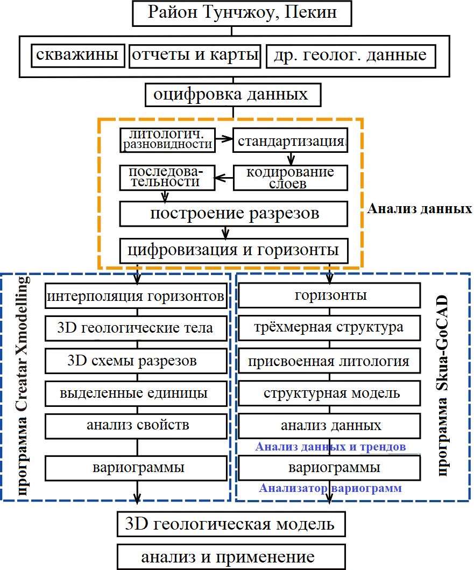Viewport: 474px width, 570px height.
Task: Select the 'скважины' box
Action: [78, 55]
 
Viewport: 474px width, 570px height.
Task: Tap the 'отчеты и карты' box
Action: [195, 55]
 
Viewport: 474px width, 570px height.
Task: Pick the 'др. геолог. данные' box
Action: [350, 55]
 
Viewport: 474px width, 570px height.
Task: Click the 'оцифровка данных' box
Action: [232, 95]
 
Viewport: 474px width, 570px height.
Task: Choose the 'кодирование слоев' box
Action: [291, 177]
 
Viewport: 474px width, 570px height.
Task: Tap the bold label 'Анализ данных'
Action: [419, 208]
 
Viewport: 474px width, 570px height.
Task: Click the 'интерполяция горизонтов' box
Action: [135, 296]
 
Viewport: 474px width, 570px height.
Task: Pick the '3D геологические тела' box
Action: [135, 328]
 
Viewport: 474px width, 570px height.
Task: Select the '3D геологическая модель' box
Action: [231, 524]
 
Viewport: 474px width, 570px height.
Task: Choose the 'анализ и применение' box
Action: [231, 556]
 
